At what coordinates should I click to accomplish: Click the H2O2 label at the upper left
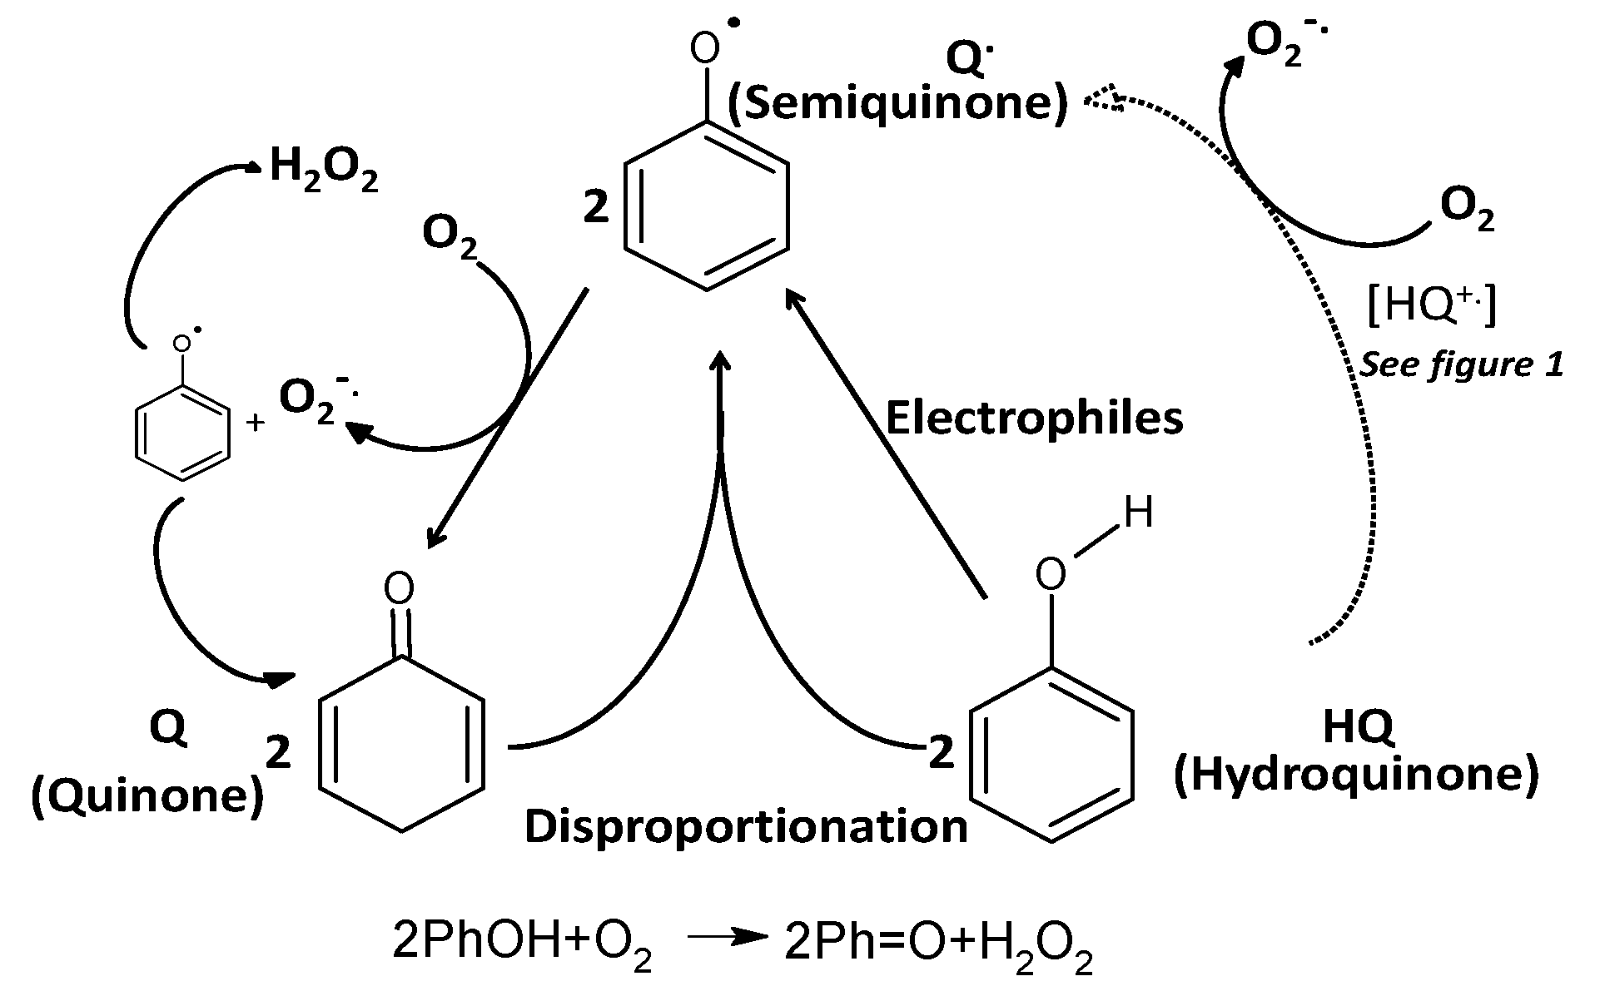[x=324, y=171]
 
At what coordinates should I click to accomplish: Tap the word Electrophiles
[x=1033, y=418]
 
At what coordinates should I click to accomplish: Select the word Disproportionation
[x=746, y=826]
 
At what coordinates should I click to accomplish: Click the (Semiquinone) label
[x=897, y=104]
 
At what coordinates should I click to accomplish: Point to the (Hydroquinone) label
[x=1356, y=775]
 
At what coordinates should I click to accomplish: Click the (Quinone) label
[x=147, y=796]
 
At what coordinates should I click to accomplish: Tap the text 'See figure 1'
[x=1461, y=364]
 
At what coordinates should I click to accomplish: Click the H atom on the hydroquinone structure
[x=1139, y=513]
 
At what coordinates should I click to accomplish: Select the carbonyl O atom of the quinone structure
[x=400, y=589]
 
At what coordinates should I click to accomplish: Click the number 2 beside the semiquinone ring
[x=596, y=208]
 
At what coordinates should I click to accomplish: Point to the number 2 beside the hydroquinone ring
[x=941, y=753]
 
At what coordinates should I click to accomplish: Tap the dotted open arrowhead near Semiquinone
[x=1101, y=99]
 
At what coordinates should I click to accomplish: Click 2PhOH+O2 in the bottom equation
[x=521, y=945]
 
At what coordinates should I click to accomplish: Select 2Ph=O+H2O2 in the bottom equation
[x=938, y=945]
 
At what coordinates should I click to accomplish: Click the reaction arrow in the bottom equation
[x=727, y=938]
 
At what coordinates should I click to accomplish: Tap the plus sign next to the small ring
[x=256, y=423]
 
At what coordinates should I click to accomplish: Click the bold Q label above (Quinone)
[x=168, y=727]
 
